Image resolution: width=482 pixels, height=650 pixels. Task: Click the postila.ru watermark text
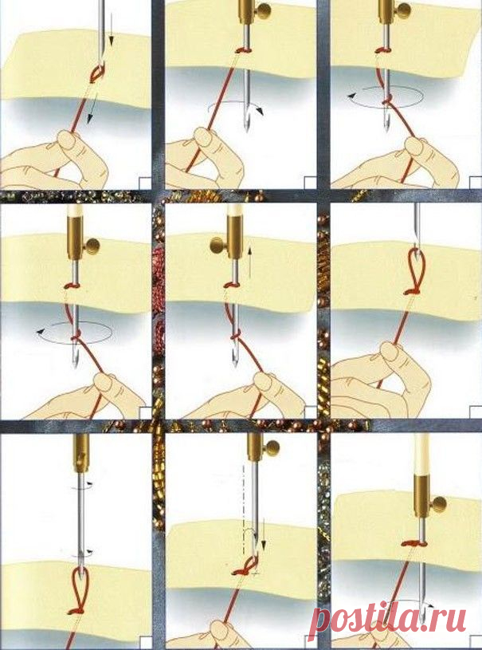pos(387,619)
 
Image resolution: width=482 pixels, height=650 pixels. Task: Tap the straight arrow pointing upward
pos(249,263)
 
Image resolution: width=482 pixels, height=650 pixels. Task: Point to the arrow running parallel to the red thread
pos(91,108)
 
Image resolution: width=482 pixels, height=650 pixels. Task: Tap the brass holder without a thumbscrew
pos(80,453)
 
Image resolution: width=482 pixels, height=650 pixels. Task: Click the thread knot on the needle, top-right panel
pos(386,100)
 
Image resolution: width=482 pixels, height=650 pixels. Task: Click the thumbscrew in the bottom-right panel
pos(438,505)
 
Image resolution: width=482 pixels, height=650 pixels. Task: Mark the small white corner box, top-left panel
pos(145,183)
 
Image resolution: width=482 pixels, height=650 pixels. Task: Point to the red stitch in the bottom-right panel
pos(414,542)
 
